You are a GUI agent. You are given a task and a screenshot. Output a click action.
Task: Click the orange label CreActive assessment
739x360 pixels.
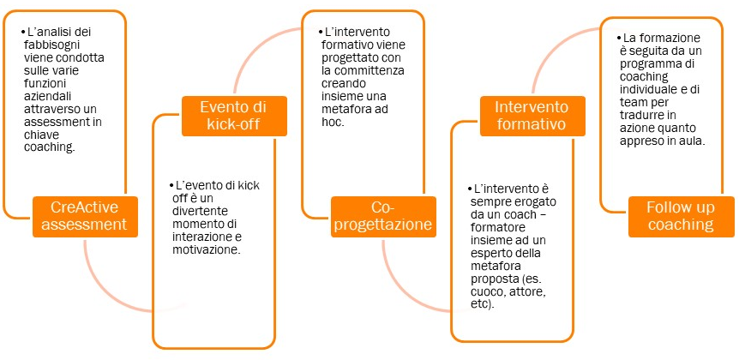point(85,216)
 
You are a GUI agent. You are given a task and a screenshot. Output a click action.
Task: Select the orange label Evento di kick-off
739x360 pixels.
point(234,116)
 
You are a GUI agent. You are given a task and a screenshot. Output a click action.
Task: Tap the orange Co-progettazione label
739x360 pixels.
point(383,216)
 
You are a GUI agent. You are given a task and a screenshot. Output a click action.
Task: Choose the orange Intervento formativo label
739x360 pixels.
point(532,116)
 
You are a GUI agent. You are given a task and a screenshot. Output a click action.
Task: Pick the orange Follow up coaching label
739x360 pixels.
point(681,216)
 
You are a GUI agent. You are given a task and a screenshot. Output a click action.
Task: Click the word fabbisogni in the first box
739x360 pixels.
point(51,45)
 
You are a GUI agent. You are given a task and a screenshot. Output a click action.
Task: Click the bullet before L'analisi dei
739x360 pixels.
point(22,32)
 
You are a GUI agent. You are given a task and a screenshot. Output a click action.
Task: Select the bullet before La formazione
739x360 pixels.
point(619,38)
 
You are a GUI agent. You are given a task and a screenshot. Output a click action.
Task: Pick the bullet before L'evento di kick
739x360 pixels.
point(171,185)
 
